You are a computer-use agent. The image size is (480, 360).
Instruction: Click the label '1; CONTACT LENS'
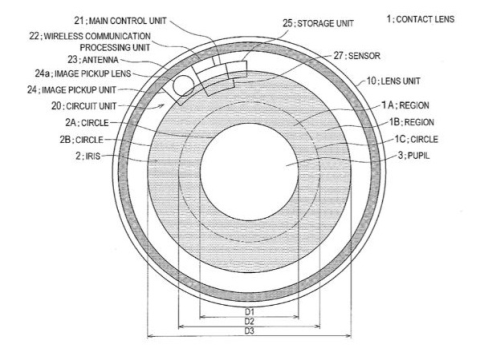420,19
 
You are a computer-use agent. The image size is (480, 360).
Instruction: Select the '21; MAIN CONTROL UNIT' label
120,21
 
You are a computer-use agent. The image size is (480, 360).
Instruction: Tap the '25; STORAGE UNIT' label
318,23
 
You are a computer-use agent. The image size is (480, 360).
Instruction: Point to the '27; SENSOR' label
357,55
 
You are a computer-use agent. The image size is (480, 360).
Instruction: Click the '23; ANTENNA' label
93,60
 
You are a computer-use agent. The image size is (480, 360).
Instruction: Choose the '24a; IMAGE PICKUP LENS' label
83,73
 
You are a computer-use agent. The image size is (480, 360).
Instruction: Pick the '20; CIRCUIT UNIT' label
84,106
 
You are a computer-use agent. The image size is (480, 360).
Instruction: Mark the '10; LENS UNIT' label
393,81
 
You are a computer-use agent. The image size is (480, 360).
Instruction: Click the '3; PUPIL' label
414,155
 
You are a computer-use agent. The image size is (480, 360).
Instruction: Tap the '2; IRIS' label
88,156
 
